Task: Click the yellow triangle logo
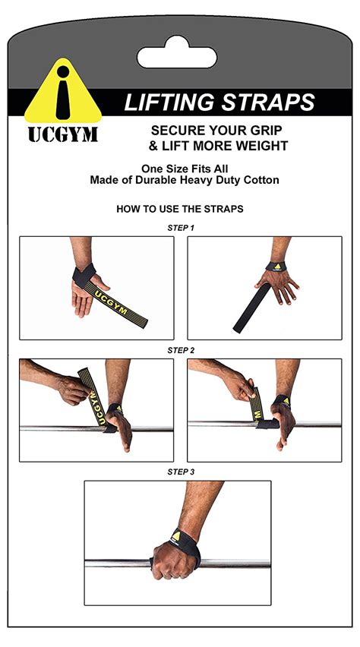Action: point(63,92)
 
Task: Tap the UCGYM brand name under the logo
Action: point(63,134)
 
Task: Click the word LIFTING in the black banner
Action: point(169,102)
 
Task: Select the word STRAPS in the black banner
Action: point(267,102)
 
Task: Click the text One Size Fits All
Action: point(185,169)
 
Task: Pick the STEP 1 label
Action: point(181,228)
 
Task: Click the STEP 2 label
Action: point(181,350)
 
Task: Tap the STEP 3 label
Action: point(181,472)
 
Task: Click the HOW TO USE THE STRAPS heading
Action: point(180,209)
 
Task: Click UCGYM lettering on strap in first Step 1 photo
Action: point(111,303)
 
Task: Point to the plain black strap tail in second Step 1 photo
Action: point(252,308)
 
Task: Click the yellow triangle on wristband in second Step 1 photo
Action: point(277,267)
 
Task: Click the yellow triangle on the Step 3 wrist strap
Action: point(176,536)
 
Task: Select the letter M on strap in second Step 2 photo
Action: point(258,414)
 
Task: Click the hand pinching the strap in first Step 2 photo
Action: point(74,389)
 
